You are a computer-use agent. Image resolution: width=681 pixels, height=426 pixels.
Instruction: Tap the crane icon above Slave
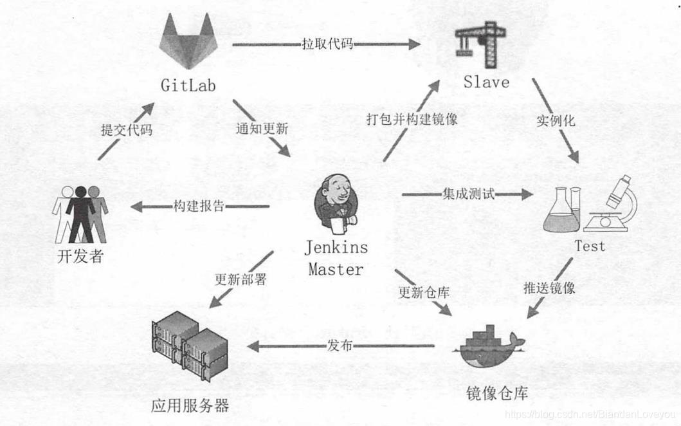[x=480, y=46]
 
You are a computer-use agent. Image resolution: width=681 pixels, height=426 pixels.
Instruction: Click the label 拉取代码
[x=327, y=45]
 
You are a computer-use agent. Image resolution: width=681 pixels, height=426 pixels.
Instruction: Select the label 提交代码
[x=127, y=129]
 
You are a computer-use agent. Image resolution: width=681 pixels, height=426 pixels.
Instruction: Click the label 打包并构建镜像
[x=412, y=119]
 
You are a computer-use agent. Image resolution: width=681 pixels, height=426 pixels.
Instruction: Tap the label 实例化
[x=556, y=120]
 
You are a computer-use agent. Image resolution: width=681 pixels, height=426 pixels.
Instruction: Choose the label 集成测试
[x=468, y=194]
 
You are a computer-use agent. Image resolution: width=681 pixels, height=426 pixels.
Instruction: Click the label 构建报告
[x=199, y=207]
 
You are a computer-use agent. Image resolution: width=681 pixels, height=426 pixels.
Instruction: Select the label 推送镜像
[x=549, y=288]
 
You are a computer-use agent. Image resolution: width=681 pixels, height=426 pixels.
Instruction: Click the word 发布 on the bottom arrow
[x=340, y=346]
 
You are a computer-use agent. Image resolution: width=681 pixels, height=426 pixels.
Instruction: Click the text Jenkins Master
[x=336, y=258]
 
